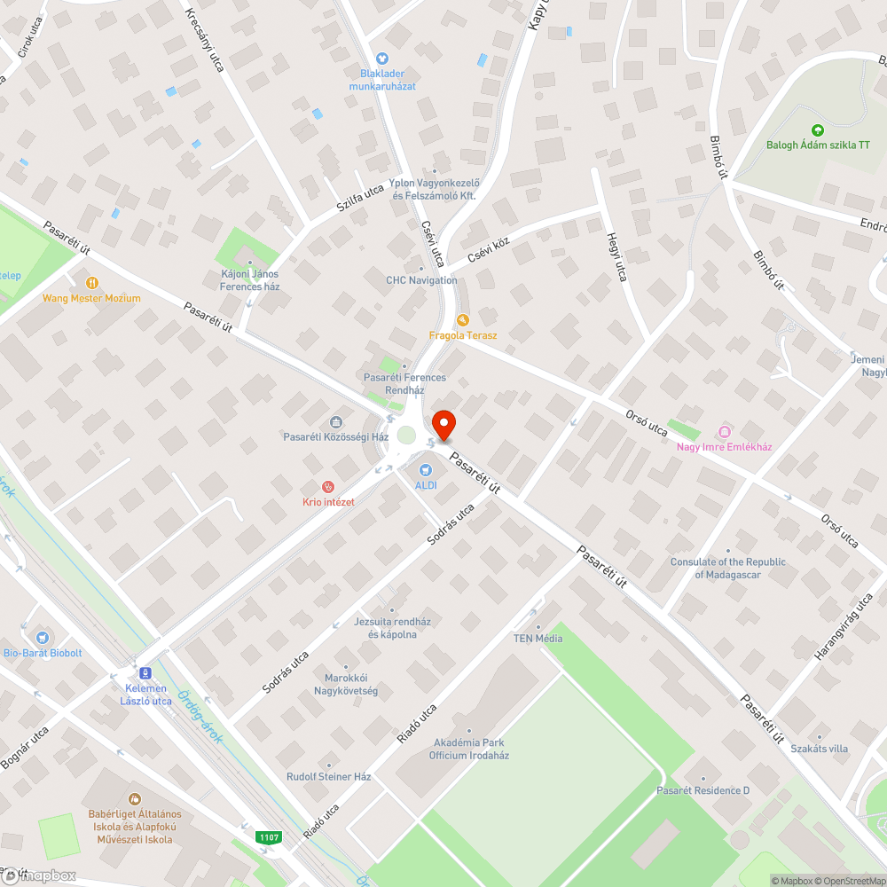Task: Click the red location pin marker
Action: pyautogui.click(x=443, y=424)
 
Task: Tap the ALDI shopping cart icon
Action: pyautogui.click(x=425, y=469)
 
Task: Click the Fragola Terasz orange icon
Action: pyautogui.click(x=462, y=320)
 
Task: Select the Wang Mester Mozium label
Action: pyautogui.click(x=91, y=298)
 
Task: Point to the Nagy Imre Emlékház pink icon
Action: pyautogui.click(x=724, y=432)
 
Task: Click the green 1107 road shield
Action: pyautogui.click(x=270, y=836)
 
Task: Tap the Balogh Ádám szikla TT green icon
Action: pyautogui.click(x=818, y=130)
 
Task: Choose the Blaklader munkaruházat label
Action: pyautogui.click(x=382, y=80)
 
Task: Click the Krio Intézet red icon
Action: pyautogui.click(x=328, y=486)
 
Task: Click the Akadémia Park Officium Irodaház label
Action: pyautogui.click(x=469, y=749)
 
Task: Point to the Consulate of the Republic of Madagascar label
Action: pyautogui.click(x=728, y=568)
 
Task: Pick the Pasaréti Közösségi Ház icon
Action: pyautogui.click(x=336, y=421)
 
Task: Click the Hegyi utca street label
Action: pyautogui.click(x=616, y=257)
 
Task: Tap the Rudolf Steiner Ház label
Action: pyautogui.click(x=328, y=776)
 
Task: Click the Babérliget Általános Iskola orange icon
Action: pyautogui.click(x=135, y=798)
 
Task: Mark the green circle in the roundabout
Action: pyautogui.click(x=406, y=435)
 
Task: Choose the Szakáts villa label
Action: pyautogui.click(x=819, y=749)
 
